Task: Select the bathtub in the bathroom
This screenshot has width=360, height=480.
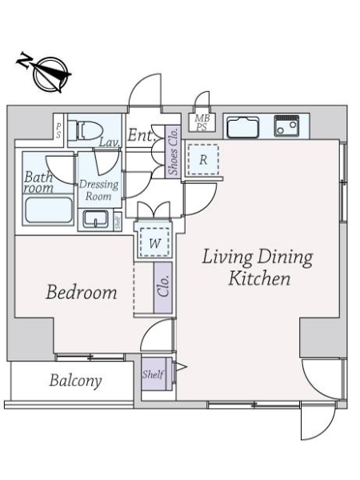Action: click(x=49, y=210)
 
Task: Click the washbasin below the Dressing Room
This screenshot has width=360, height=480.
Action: click(x=95, y=218)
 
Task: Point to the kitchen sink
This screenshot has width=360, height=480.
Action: click(x=242, y=126)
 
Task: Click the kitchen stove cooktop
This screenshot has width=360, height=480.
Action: click(x=286, y=126)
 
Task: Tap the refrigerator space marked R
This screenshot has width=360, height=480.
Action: click(x=203, y=159)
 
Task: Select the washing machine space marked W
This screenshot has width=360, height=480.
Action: click(x=154, y=242)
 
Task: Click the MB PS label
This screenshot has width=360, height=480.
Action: click(x=202, y=122)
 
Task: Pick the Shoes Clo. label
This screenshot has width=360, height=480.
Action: click(x=174, y=152)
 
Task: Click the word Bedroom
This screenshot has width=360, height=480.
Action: click(x=81, y=292)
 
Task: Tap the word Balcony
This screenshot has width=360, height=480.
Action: click(x=76, y=381)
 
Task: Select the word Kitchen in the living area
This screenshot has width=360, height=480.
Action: click(x=259, y=278)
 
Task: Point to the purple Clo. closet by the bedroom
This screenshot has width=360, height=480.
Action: click(x=163, y=287)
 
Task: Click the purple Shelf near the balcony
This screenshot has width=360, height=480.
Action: click(x=154, y=374)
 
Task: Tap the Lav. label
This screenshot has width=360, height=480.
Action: click(x=109, y=142)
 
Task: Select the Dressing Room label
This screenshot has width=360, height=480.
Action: click(x=98, y=190)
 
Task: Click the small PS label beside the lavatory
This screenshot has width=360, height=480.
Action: click(x=58, y=131)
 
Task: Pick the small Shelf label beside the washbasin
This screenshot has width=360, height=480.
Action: click(x=118, y=222)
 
